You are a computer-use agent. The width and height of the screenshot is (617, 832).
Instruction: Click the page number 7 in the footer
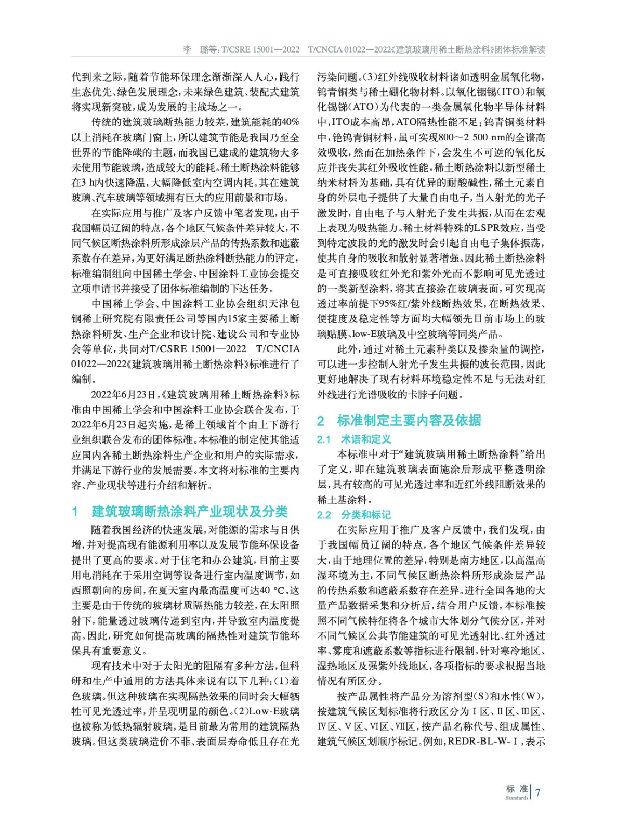click(537, 792)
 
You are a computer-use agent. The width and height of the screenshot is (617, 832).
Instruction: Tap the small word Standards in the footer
click(516, 798)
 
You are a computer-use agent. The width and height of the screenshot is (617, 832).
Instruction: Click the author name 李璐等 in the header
click(200, 50)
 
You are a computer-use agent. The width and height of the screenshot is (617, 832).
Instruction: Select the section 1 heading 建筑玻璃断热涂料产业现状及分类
click(189, 512)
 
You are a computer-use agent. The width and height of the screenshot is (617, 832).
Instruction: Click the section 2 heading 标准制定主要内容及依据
click(409, 420)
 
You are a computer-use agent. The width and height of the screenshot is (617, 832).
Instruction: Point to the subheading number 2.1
click(324, 440)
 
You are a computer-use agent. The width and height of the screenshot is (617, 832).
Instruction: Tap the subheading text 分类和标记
click(365, 515)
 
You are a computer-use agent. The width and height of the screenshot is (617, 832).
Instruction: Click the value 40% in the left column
click(290, 122)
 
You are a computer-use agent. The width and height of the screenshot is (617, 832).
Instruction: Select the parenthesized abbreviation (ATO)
click(361, 107)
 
